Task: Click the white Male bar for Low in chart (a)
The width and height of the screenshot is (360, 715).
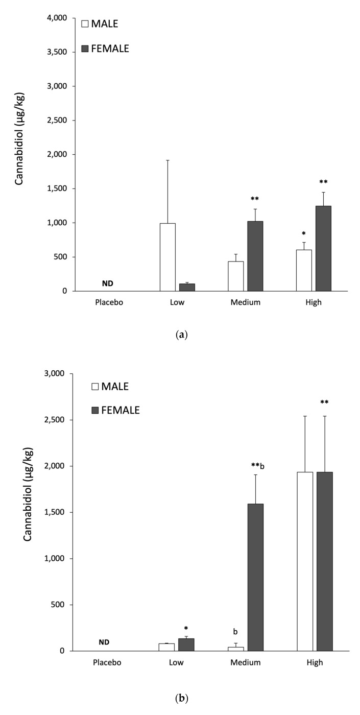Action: (x=167, y=257)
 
